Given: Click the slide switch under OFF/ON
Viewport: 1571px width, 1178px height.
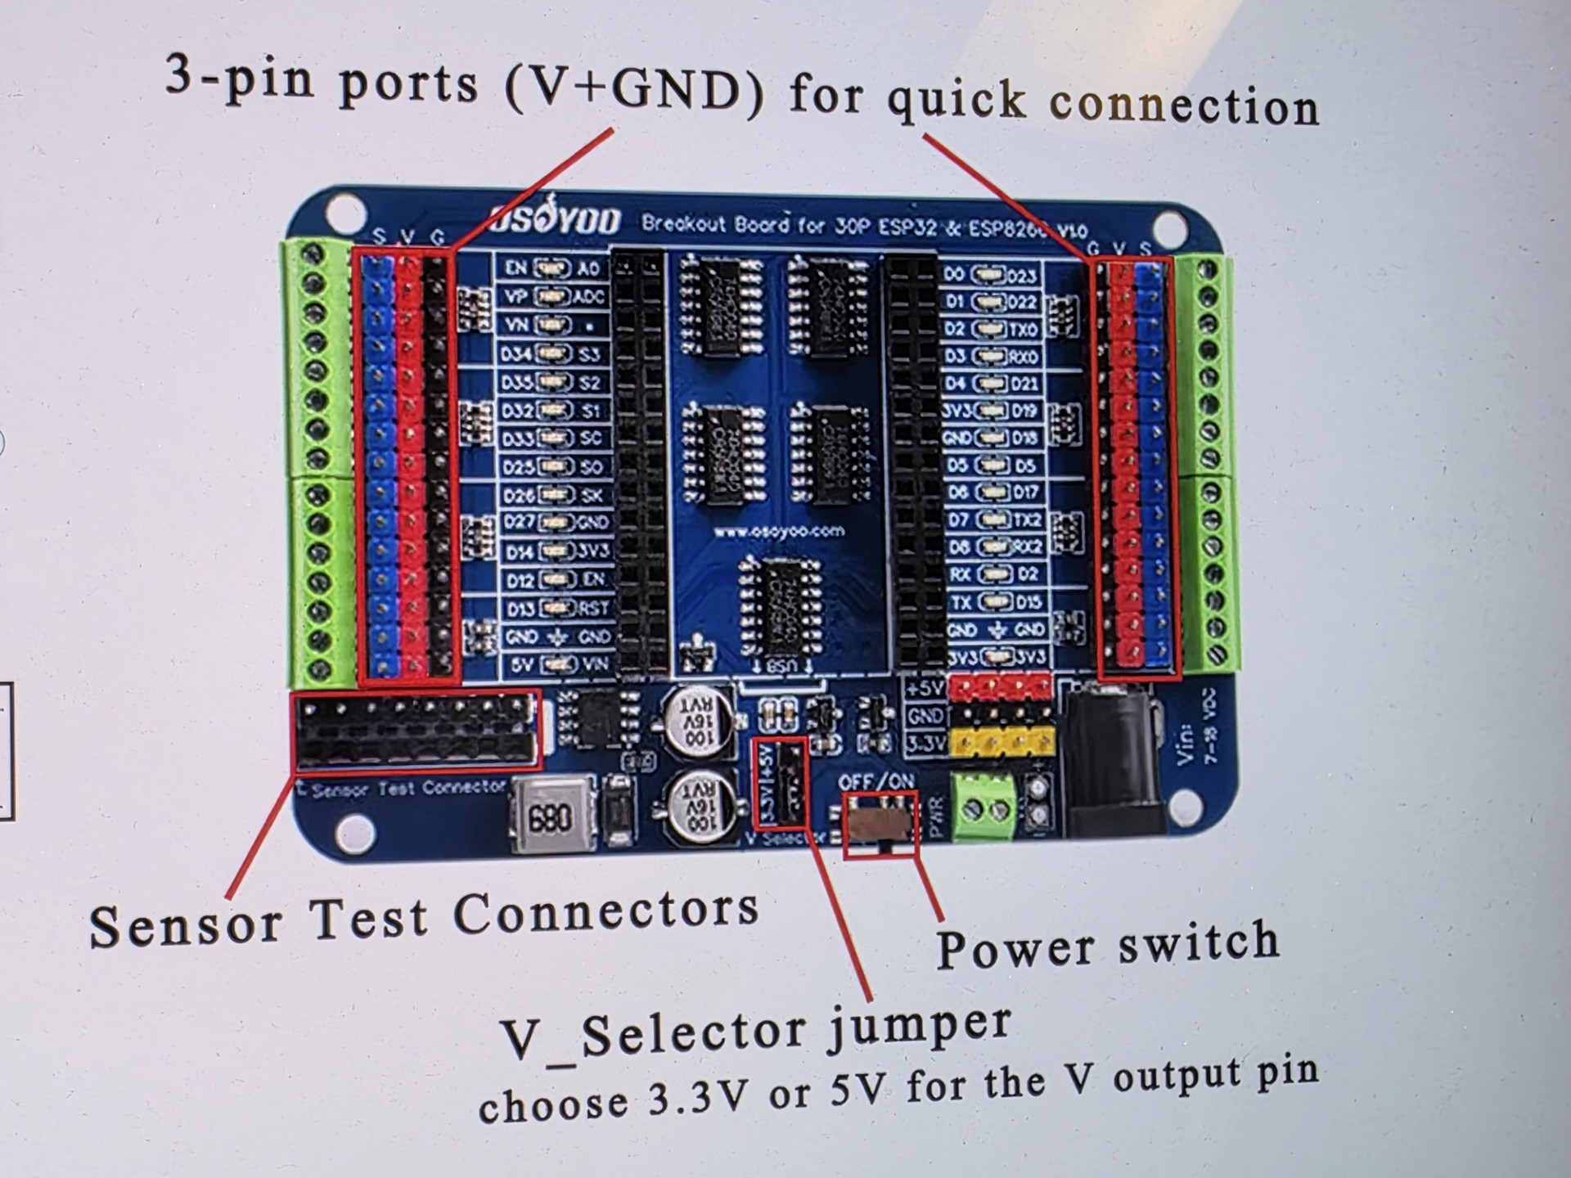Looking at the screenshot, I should pyautogui.click(x=879, y=821).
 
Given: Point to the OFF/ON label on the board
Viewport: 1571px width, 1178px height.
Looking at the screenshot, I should pyautogui.click(x=876, y=782).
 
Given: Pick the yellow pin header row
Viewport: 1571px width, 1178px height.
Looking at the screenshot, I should pyautogui.click(x=1002, y=742).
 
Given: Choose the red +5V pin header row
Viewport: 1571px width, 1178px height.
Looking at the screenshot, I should pyautogui.click(x=1000, y=686).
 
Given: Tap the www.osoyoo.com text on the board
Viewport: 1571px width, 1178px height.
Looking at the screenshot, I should pyautogui.click(x=778, y=532).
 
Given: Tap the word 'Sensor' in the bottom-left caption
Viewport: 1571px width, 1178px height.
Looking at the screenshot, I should pyautogui.click(x=186, y=925).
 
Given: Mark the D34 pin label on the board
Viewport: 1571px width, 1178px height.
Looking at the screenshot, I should pyautogui.click(x=517, y=354).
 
